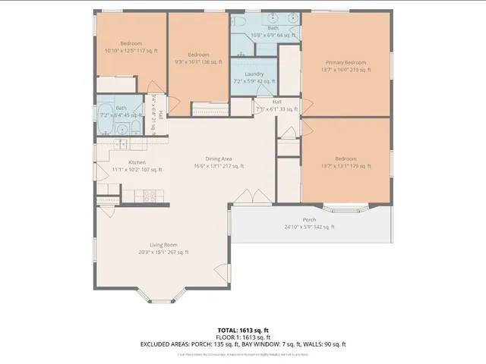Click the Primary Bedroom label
pos(346,62)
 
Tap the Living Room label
pos(163,244)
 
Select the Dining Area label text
pos(218,158)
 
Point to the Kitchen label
pos(137,162)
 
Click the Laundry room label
pos(254,74)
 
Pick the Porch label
pos(309,220)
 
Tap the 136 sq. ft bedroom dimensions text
pos(199,62)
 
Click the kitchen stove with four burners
pos(150,196)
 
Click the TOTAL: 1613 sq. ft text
pos(243,330)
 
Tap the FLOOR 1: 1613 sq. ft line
pos(243,337)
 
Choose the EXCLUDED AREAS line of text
pos(243,344)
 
